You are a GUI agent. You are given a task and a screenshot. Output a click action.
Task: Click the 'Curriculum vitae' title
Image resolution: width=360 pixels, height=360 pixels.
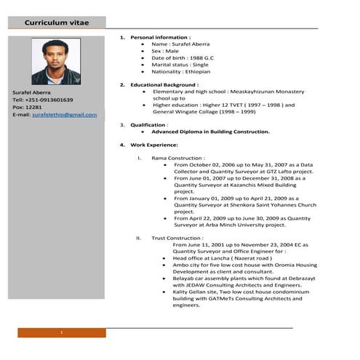coord(57,23)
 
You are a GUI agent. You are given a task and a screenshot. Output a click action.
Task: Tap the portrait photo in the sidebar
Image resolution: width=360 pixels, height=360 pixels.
coord(56,62)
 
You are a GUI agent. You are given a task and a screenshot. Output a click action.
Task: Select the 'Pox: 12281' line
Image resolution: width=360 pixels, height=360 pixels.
coord(28,107)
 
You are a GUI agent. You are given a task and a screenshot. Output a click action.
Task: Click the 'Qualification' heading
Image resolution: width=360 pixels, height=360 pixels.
coord(149,124)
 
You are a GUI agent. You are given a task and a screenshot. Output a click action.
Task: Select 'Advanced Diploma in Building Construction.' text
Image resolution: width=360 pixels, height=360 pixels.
coord(210,132)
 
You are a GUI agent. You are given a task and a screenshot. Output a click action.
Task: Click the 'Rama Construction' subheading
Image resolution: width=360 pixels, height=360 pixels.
coord(177,158)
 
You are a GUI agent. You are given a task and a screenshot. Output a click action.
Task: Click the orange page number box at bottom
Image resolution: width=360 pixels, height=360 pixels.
coord(62,332)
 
